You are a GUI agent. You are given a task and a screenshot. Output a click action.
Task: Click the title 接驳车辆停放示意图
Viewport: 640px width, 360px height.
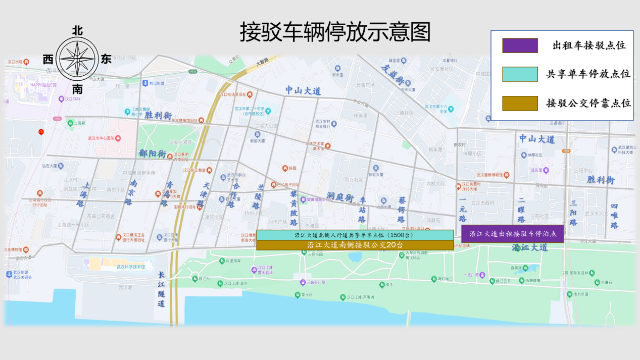point(335,32)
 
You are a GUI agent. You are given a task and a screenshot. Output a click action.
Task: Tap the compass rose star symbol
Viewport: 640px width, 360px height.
point(77,59)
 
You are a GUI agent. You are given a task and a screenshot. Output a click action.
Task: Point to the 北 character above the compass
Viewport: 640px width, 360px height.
point(77,31)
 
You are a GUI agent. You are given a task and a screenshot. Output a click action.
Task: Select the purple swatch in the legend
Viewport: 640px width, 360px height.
point(520,45)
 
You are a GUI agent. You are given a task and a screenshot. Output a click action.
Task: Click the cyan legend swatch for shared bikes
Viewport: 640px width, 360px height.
point(520,74)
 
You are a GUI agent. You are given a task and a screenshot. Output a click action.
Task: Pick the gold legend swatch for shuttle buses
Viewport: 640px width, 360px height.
point(520,103)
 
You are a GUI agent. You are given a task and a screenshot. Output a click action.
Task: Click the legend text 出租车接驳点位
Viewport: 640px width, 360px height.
point(589,45)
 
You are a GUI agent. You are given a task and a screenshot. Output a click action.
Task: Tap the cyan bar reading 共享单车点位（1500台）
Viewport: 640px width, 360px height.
point(355,235)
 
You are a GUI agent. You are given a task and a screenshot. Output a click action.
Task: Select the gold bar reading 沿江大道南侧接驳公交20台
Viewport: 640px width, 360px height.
point(355,245)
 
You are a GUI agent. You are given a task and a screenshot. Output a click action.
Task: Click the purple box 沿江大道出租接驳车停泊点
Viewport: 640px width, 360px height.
point(512,234)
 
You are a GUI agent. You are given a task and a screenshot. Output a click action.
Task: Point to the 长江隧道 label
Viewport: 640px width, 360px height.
point(161,289)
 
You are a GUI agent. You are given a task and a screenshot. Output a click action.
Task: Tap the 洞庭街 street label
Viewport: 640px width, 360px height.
point(339,196)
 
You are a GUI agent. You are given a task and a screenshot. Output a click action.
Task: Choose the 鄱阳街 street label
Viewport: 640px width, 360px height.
point(153,153)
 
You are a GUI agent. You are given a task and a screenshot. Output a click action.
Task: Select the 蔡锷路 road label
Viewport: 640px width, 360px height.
point(402,209)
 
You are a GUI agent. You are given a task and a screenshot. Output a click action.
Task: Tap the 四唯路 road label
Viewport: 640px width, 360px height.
point(614,216)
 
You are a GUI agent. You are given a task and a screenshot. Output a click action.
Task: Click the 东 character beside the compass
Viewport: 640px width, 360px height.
point(106,59)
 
